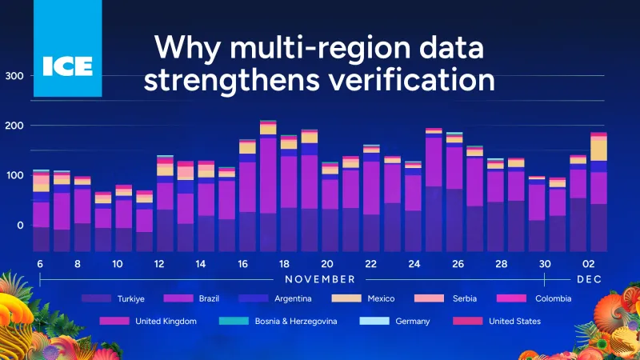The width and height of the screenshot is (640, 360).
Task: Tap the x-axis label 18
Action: [x=284, y=265]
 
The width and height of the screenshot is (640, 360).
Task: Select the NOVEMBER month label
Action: [x=320, y=279]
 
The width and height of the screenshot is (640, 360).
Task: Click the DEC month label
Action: [x=590, y=279]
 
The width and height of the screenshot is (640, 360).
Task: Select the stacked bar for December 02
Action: [x=598, y=192]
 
